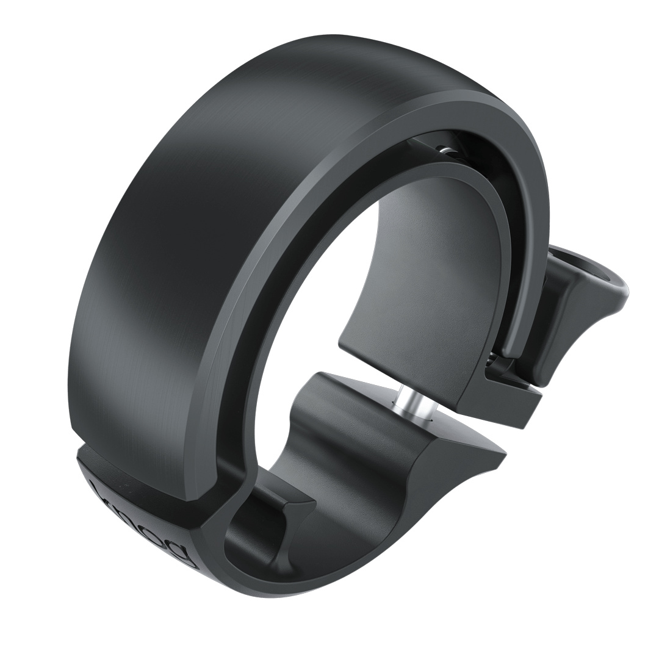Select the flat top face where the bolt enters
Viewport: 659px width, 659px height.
point(378,397)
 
